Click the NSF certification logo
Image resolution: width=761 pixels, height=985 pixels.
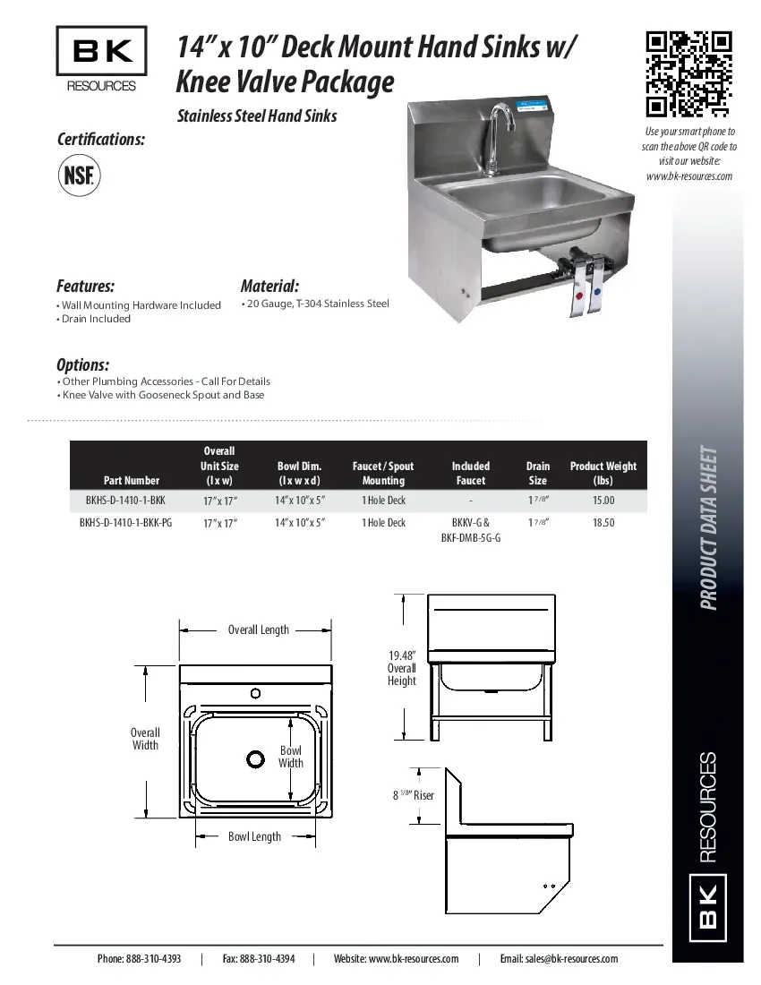tap(80, 174)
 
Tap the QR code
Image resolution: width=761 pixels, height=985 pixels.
tap(689, 74)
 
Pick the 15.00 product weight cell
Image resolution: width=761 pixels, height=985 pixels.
tap(603, 501)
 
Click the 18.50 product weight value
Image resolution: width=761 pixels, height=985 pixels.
tap(603, 522)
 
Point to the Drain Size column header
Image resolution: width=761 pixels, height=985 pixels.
tap(537, 473)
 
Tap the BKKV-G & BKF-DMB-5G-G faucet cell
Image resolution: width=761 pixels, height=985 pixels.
tap(471, 530)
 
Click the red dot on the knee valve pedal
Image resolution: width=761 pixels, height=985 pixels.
tap(582, 294)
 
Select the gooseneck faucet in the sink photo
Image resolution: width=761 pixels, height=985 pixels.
tap(498, 134)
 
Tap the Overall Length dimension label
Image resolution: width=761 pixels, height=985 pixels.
tap(258, 630)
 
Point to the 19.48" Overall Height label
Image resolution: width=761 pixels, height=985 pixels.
tap(401, 668)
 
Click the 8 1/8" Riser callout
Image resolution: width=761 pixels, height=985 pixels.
tap(413, 794)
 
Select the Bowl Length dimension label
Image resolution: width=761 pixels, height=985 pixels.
tap(254, 836)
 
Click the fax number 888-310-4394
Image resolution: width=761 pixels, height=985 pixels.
tap(259, 959)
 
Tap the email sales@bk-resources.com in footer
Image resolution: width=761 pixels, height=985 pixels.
tap(559, 959)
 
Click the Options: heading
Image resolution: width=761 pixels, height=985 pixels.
tap(83, 364)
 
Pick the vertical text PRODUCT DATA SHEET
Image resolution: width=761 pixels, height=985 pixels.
tap(709, 527)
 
